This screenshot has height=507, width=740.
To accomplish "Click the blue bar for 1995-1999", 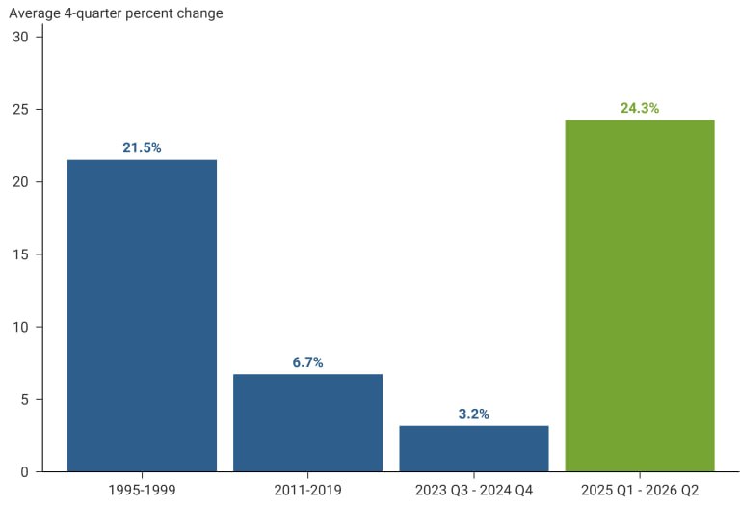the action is [142, 315].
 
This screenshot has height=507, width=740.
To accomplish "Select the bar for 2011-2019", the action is [307, 422].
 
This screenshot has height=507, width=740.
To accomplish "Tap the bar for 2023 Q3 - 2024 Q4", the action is [474, 448].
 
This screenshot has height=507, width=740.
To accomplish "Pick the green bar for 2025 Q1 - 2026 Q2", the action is [640, 296].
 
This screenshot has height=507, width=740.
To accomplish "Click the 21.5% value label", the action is [142, 147].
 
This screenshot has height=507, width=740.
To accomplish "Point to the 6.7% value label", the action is [307, 362].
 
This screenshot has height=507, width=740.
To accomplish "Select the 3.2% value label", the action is [474, 414].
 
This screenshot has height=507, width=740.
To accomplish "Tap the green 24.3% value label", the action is [640, 108].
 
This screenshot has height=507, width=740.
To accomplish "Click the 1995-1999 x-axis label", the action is [142, 490].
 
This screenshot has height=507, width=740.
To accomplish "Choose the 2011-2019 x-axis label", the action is [307, 490].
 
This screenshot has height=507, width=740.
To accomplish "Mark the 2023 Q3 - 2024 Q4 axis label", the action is [474, 490].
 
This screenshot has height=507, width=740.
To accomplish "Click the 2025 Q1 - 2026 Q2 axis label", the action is [640, 490].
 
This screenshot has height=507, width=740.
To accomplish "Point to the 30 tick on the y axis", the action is [21, 37].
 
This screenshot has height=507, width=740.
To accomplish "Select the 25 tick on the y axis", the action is [21, 110].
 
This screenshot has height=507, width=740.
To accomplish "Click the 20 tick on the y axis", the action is [21, 182].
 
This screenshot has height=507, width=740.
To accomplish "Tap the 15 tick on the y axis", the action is [21, 254].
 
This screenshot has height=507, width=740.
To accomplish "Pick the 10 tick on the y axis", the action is [21, 327].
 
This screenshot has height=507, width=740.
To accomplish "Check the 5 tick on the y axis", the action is [24, 399].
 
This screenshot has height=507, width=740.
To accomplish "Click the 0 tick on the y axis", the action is [24, 472].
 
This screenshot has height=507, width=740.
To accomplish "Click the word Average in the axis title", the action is [35, 13].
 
